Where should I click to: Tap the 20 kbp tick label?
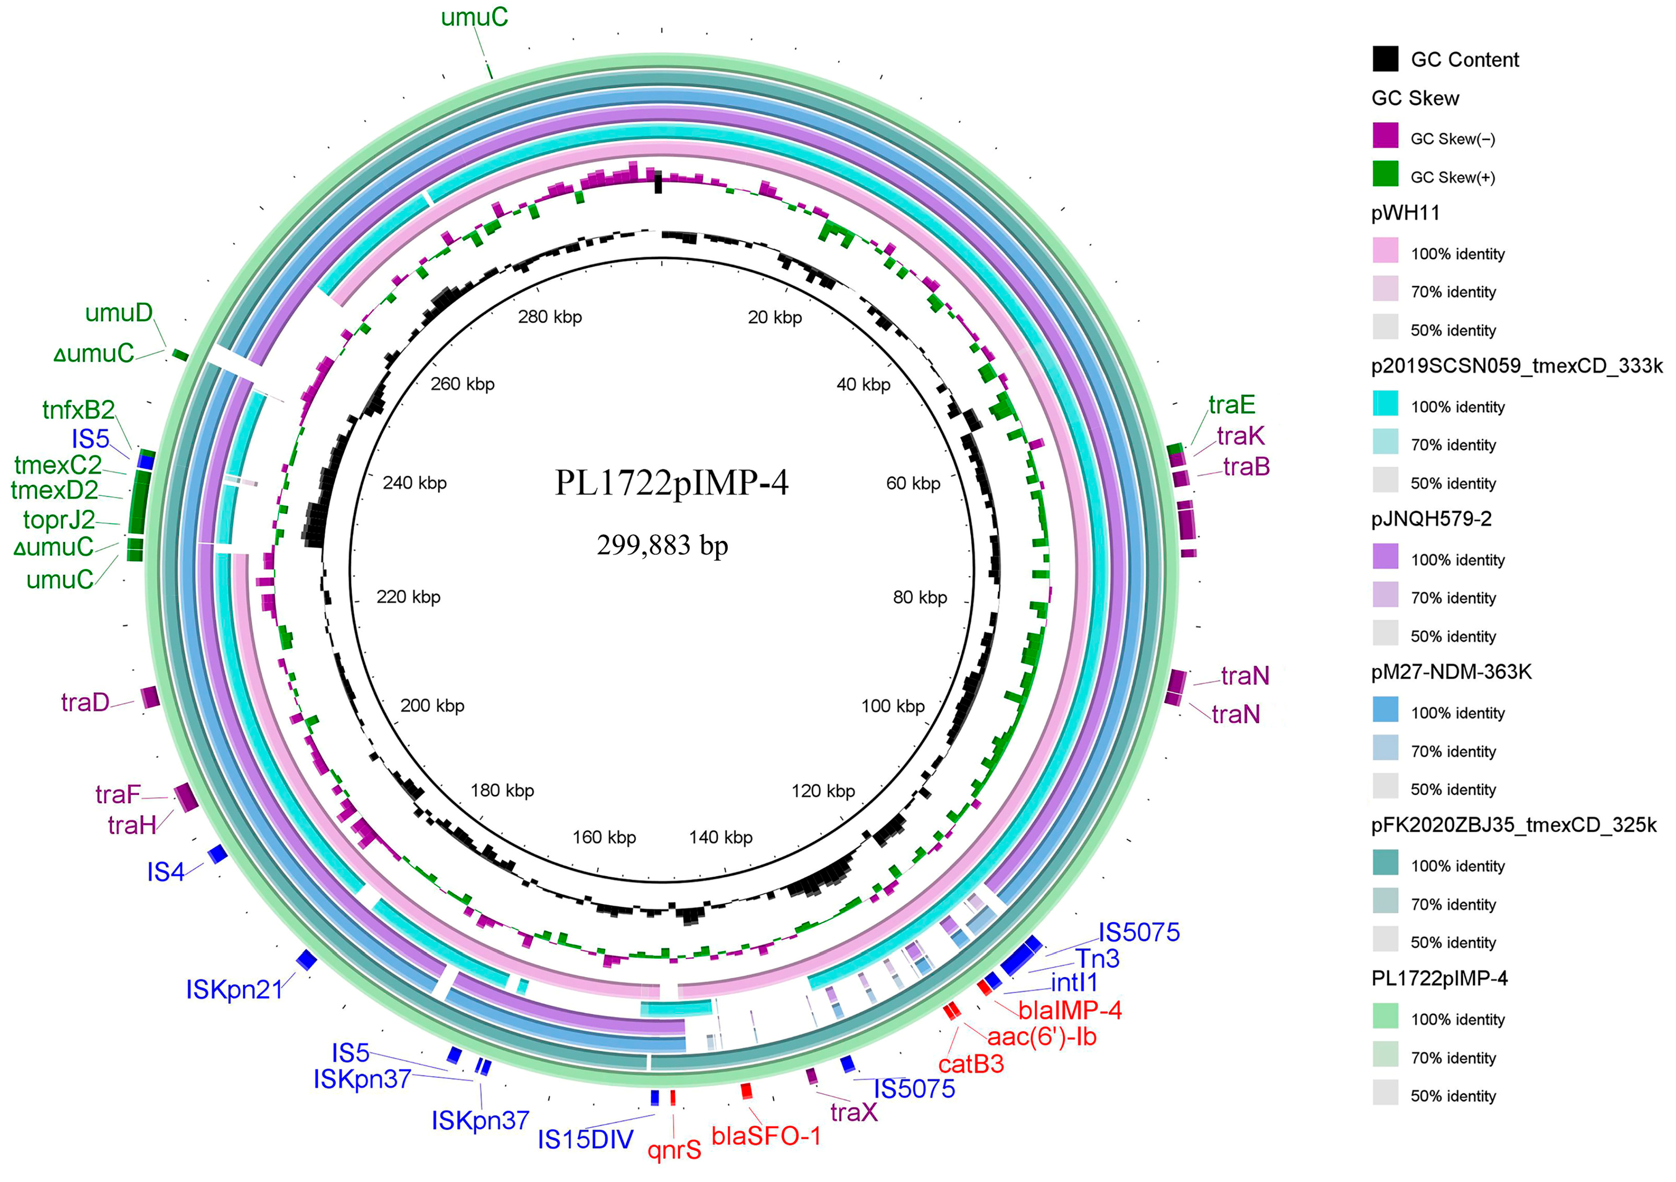click(x=774, y=318)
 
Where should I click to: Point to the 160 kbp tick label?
click(x=604, y=837)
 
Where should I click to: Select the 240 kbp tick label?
click(x=415, y=483)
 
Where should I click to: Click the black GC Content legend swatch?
click(x=1385, y=59)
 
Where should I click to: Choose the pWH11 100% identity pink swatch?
click(x=1385, y=250)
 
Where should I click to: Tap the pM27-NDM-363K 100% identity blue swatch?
click(x=1385, y=709)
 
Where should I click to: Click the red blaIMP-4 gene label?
click(x=1069, y=1011)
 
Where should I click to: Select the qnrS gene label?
click(x=674, y=1151)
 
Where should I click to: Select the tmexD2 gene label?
click(x=55, y=490)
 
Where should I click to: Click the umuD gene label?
click(x=119, y=313)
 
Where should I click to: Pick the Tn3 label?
click(x=1097, y=958)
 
